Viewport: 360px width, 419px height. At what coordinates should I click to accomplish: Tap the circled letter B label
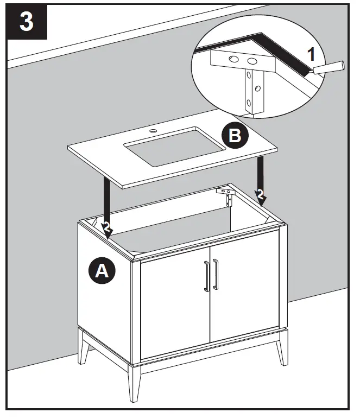point(235,136)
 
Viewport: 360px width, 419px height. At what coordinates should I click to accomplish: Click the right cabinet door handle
point(216,274)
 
